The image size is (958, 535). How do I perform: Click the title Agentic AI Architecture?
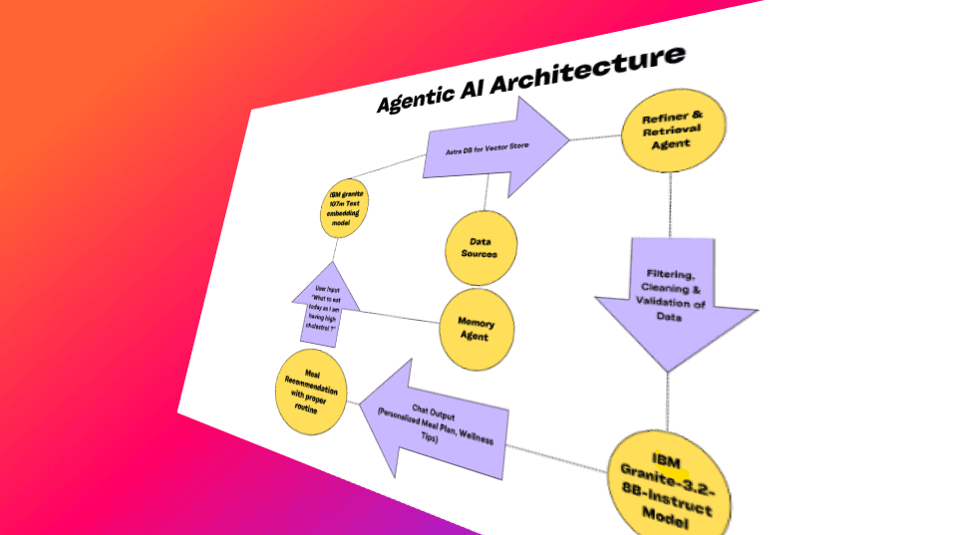(529, 79)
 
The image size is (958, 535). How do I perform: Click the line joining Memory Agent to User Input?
(399, 316)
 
